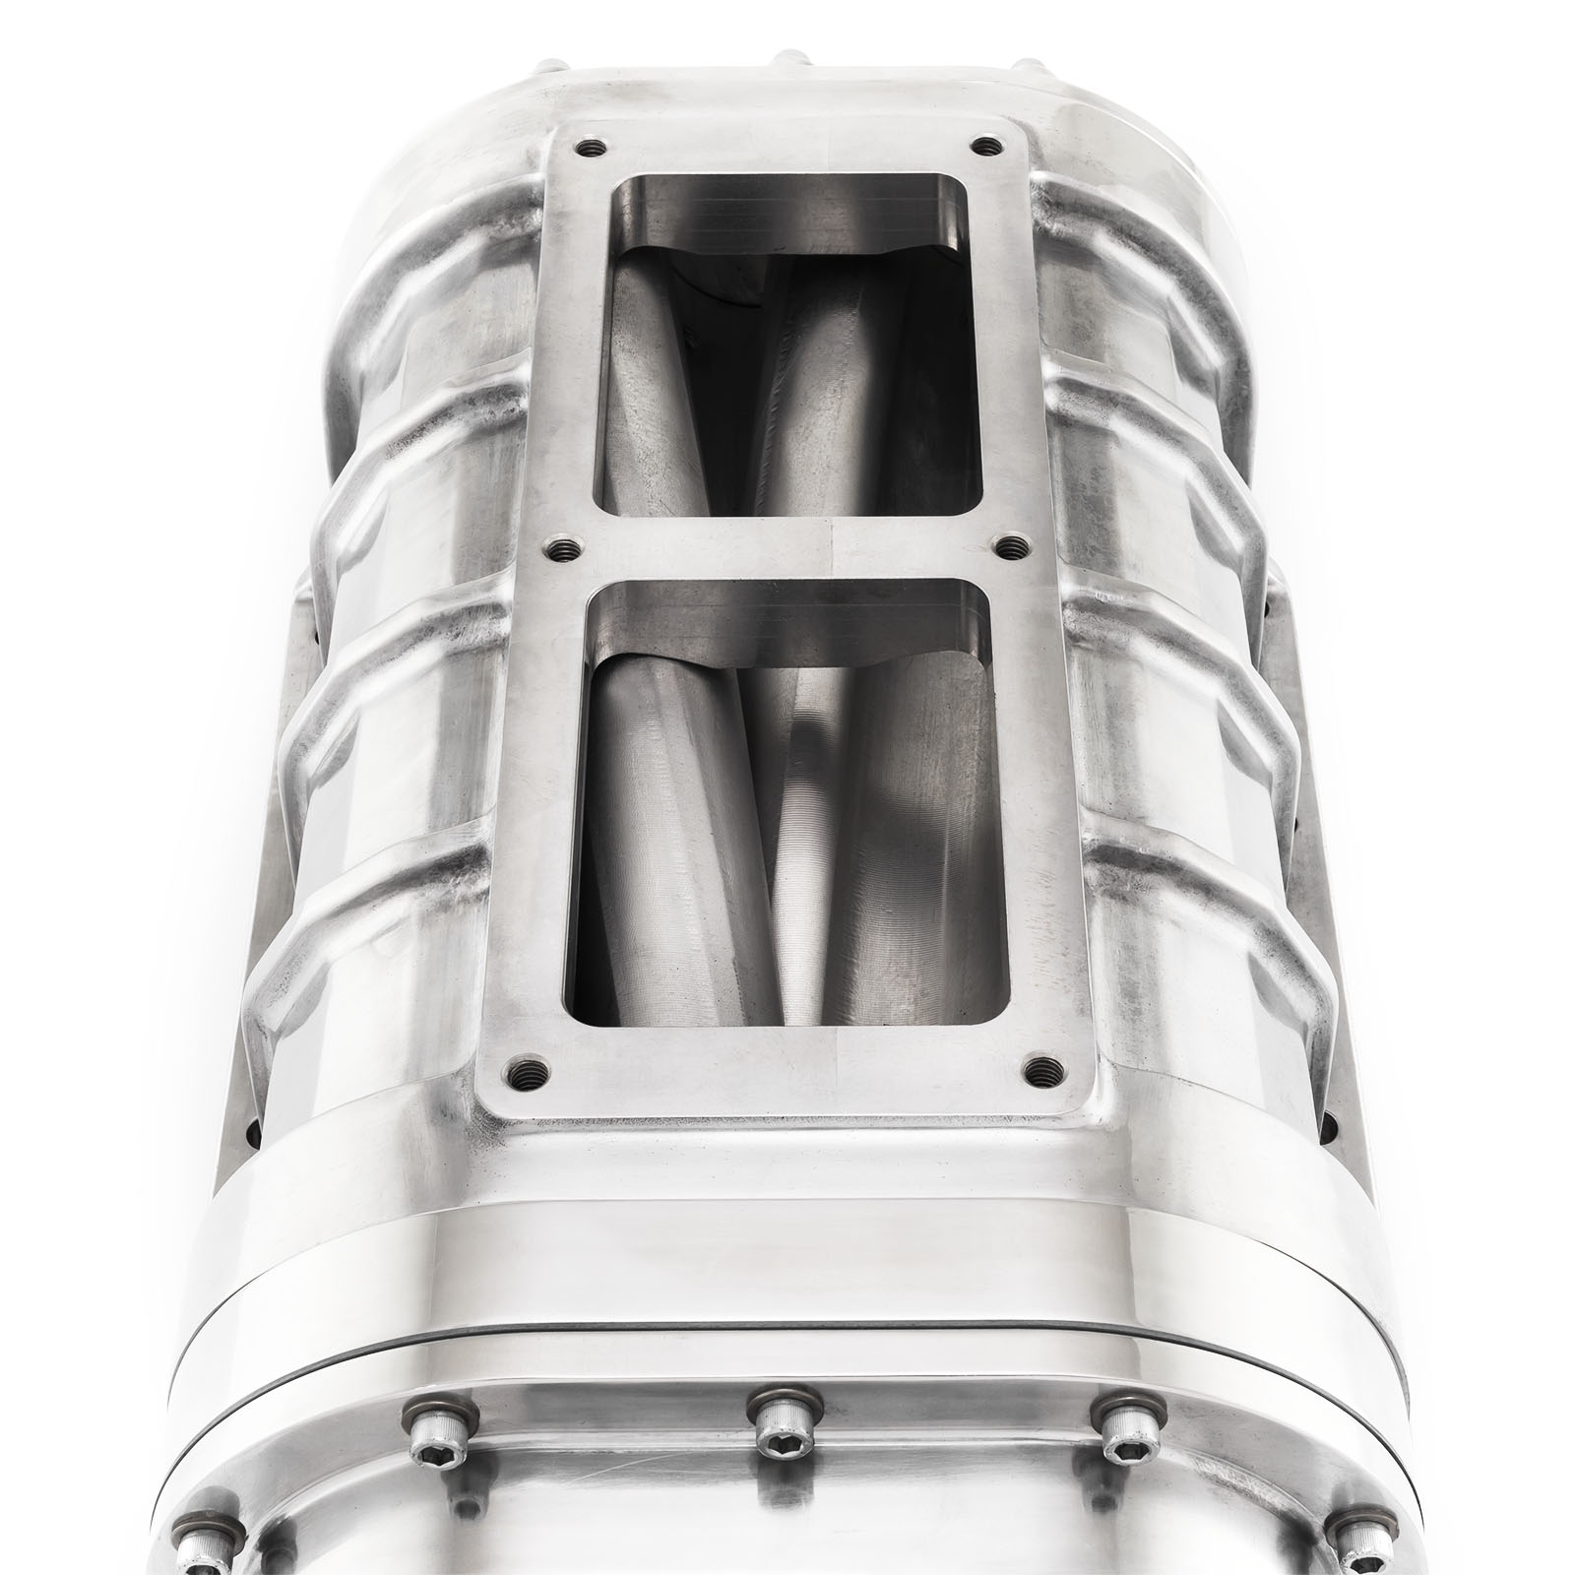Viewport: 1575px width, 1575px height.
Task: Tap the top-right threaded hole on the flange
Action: tap(981, 147)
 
